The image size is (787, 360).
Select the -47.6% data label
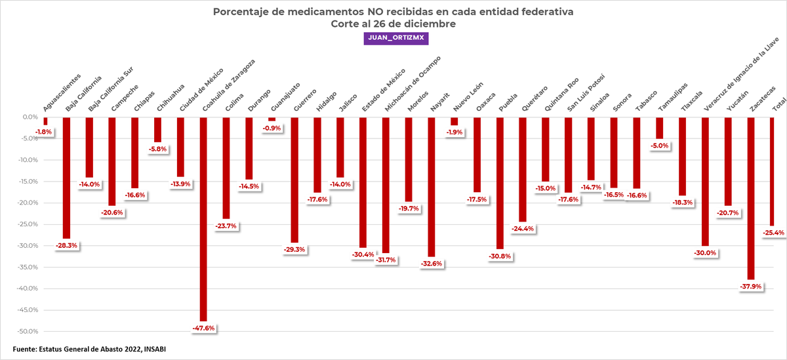tap(203, 328)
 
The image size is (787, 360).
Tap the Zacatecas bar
tap(751, 197)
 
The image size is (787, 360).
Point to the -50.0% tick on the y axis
tap(26, 331)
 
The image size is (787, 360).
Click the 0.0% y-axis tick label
tap(28, 117)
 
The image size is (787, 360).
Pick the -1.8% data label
tap(43, 132)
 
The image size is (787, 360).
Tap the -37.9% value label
tap(751, 287)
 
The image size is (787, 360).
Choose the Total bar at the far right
tap(773, 170)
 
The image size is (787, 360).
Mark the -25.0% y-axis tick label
tap(26, 224)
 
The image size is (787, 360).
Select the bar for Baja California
tap(66, 177)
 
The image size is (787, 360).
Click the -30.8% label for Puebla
tap(500, 256)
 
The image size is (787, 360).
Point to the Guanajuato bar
tap(272, 119)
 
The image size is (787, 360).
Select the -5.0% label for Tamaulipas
tap(659, 146)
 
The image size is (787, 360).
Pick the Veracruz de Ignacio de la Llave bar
tap(705, 181)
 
